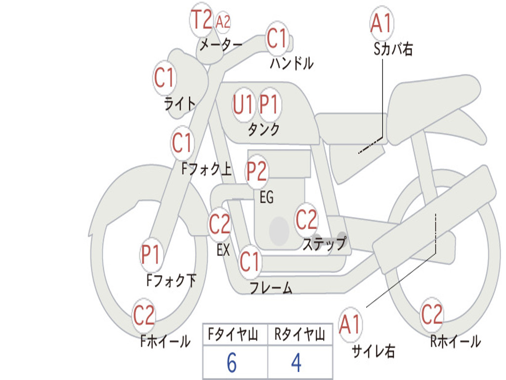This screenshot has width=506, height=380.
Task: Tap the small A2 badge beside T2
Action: point(223,22)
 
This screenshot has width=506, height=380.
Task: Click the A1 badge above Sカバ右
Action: point(381,23)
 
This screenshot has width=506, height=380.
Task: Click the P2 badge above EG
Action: point(256,171)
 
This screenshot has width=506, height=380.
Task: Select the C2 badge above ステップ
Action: point(306,219)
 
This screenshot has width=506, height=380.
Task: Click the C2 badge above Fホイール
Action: point(144,316)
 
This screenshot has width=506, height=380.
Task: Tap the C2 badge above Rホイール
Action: point(431,314)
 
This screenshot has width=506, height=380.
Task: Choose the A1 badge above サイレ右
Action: point(350,325)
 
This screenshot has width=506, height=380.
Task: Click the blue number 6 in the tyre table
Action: point(231,364)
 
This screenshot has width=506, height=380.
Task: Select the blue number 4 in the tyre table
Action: point(296,364)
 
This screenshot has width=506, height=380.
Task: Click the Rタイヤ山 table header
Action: point(299,335)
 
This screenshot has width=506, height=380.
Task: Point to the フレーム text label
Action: point(271,288)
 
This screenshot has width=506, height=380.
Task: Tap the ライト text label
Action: point(179,103)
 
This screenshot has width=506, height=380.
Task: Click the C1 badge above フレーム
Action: point(250,262)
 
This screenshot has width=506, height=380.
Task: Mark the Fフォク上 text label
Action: point(206,170)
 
